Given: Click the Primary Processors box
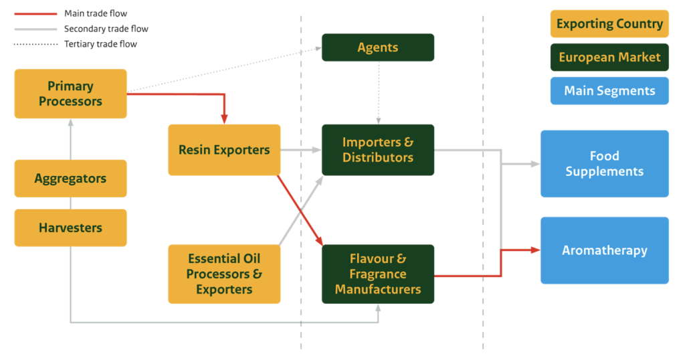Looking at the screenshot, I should [x=70, y=94].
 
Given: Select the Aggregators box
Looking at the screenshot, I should [x=70, y=179].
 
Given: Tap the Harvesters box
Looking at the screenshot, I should [x=70, y=228].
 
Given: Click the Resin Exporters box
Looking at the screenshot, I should [x=224, y=150].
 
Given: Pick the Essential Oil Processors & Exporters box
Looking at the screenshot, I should [x=224, y=274].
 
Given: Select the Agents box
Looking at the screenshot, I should [x=378, y=48].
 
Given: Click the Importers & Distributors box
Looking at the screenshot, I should [x=378, y=150].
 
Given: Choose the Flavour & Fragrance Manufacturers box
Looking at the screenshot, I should [x=378, y=274].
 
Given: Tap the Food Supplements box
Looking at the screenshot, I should [x=604, y=164].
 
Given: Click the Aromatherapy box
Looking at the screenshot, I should [x=604, y=250].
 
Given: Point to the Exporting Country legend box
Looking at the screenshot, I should [x=609, y=24].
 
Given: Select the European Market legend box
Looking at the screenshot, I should [x=609, y=57].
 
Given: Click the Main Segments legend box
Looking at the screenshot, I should [x=609, y=90].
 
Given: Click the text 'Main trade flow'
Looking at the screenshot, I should [x=96, y=13].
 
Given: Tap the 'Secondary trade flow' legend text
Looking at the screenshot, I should [x=106, y=29].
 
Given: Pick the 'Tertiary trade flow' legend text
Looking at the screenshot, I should [x=100, y=44].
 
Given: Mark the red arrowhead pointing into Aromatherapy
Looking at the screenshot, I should [x=535, y=250].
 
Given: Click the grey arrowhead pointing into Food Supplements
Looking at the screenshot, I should [x=535, y=164].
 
